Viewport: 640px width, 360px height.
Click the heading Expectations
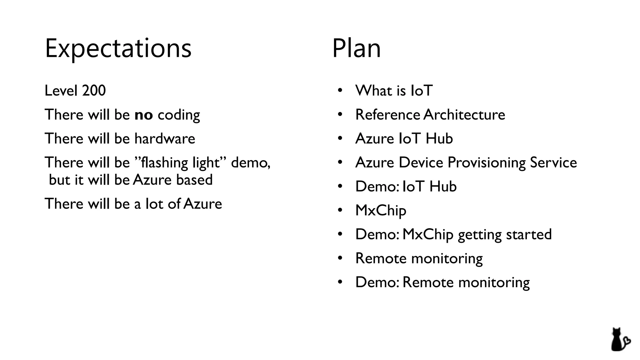pyautogui.click(x=118, y=48)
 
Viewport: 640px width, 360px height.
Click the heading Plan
pyautogui.click(x=356, y=48)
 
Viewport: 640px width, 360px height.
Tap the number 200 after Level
pyautogui.click(x=94, y=91)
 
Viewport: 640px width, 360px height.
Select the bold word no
pyautogui.click(x=143, y=115)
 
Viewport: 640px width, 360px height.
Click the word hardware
pyautogui.click(x=165, y=139)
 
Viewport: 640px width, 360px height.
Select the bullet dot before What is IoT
pyautogui.click(x=340, y=91)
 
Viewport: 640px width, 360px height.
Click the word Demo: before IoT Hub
pyautogui.click(x=377, y=187)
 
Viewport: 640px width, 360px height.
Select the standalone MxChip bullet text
pyautogui.click(x=381, y=211)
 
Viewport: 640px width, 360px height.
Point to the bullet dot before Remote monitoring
pyautogui.click(x=340, y=258)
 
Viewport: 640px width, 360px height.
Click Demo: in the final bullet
pyautogui.click(x=377, y=282)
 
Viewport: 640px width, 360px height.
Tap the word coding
pyautogui.click(x=179, y=115)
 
